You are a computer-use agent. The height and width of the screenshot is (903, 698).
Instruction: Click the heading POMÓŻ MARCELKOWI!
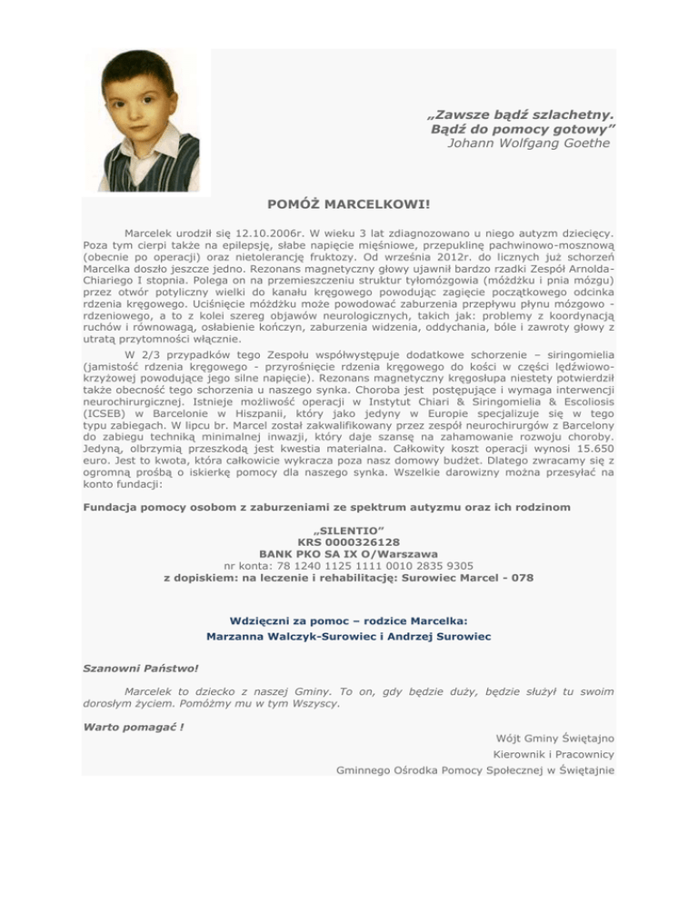click(349, 206)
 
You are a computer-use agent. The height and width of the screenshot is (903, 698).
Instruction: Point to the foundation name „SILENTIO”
click(348, 526)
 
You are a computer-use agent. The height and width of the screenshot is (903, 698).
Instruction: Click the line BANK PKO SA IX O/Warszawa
click(348, 551)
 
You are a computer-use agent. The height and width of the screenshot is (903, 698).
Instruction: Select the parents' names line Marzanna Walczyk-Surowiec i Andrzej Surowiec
click(348, 637)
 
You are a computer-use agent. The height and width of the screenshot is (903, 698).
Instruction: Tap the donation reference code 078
click(521, 577)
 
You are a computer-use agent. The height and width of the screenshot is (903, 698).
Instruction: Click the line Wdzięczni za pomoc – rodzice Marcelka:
click(348, 620)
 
